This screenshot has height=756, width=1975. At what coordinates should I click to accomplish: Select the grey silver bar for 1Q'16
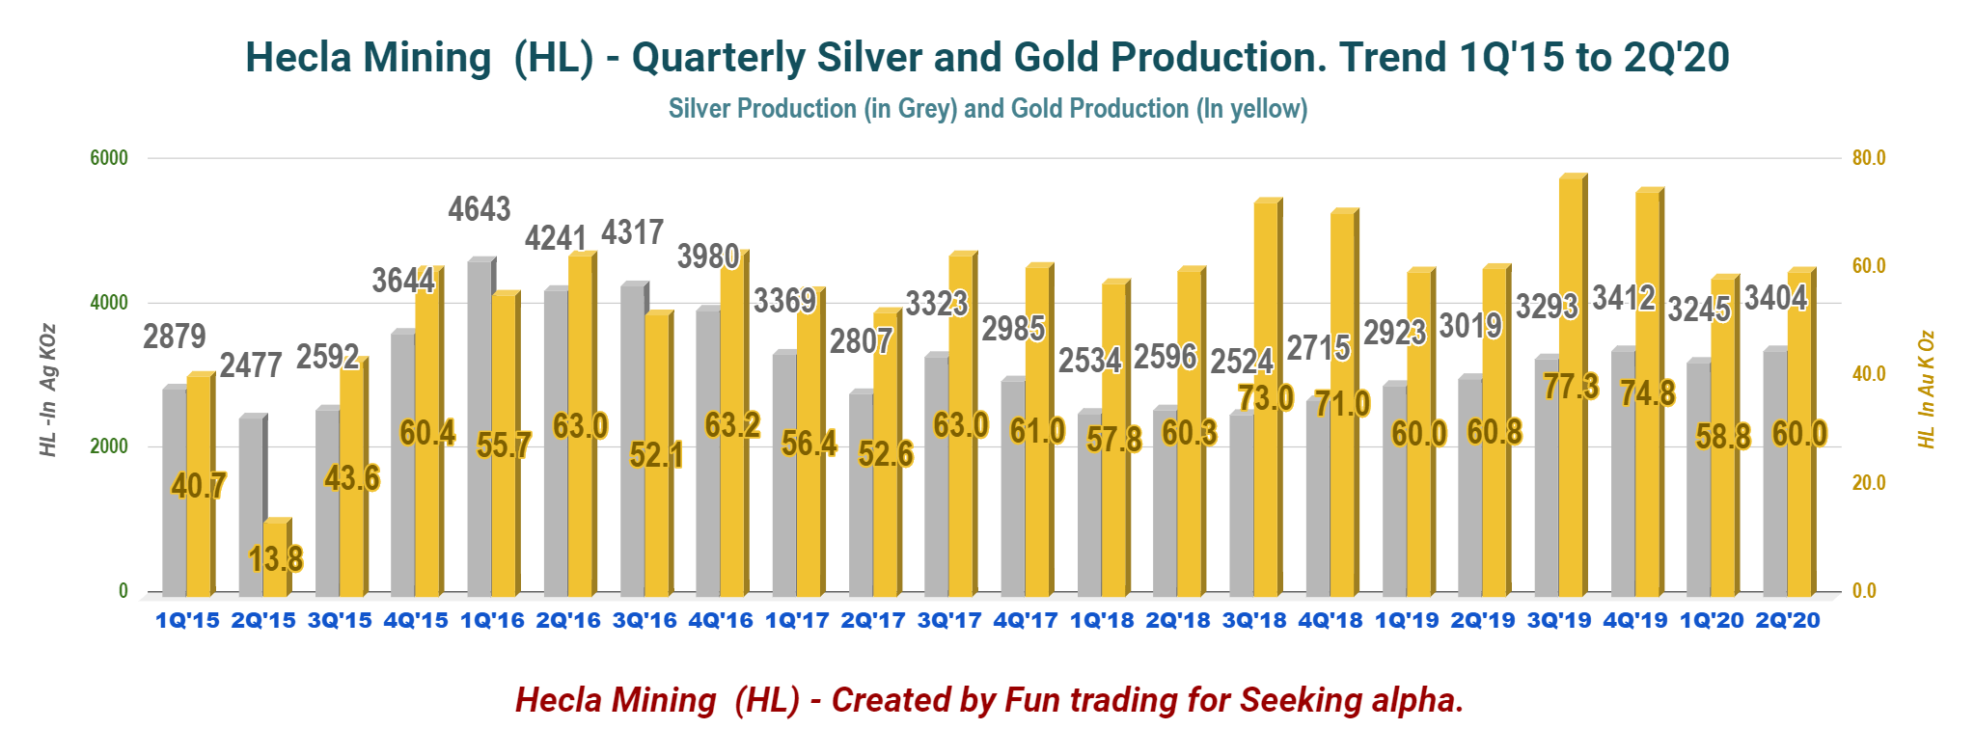click(x=480, y=429)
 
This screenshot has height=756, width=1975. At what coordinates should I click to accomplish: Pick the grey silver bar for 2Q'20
click(x=1775, y=472)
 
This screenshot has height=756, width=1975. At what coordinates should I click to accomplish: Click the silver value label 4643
click(x=480, y=209)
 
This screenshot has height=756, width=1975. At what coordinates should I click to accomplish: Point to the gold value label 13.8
click(x=276, y=558)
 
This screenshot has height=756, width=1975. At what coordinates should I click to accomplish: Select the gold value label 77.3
click(x=1571, y=387)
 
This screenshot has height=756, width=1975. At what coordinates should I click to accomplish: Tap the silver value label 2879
click(x=175, y=337)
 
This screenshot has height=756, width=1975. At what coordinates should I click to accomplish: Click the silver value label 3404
click(x=1775, y=298)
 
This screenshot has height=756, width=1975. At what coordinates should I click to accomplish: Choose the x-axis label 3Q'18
click(x=1254, y=620)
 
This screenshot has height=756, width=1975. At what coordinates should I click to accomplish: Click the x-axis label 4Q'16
click(x=721, y=620)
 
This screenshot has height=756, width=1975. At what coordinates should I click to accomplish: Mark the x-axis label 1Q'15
click(x=187, y=620)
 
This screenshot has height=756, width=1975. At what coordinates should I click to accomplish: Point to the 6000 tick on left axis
click(x=109, y=158)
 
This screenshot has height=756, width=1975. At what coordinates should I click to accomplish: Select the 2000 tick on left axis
click(x=109, y=446)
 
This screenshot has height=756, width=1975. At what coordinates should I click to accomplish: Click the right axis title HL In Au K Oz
click(x=1926, y=390)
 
